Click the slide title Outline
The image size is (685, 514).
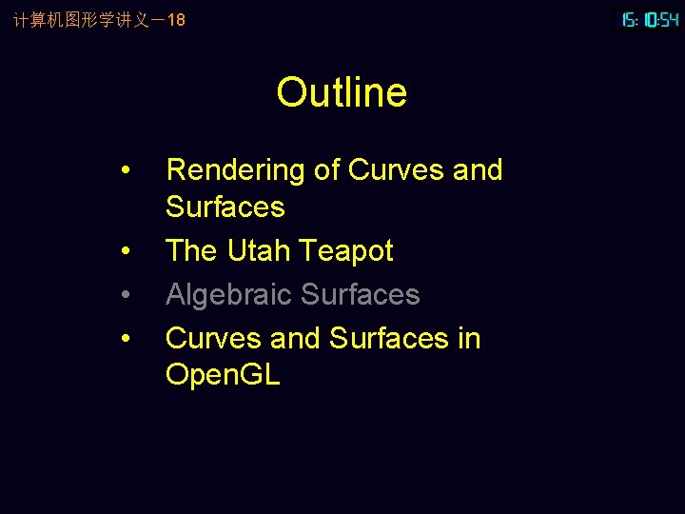342,92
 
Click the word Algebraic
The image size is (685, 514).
228,295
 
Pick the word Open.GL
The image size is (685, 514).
223,375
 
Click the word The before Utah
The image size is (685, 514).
191,251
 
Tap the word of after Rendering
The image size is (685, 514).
326,170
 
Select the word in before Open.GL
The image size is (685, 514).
468,339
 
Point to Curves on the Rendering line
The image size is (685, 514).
397,170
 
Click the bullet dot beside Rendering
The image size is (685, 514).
127,171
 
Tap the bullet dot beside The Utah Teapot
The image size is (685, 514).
127,252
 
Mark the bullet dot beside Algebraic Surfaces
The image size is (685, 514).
127,296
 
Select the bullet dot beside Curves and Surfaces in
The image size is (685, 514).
127,340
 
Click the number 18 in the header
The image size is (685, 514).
176,19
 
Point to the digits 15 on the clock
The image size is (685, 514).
629,19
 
